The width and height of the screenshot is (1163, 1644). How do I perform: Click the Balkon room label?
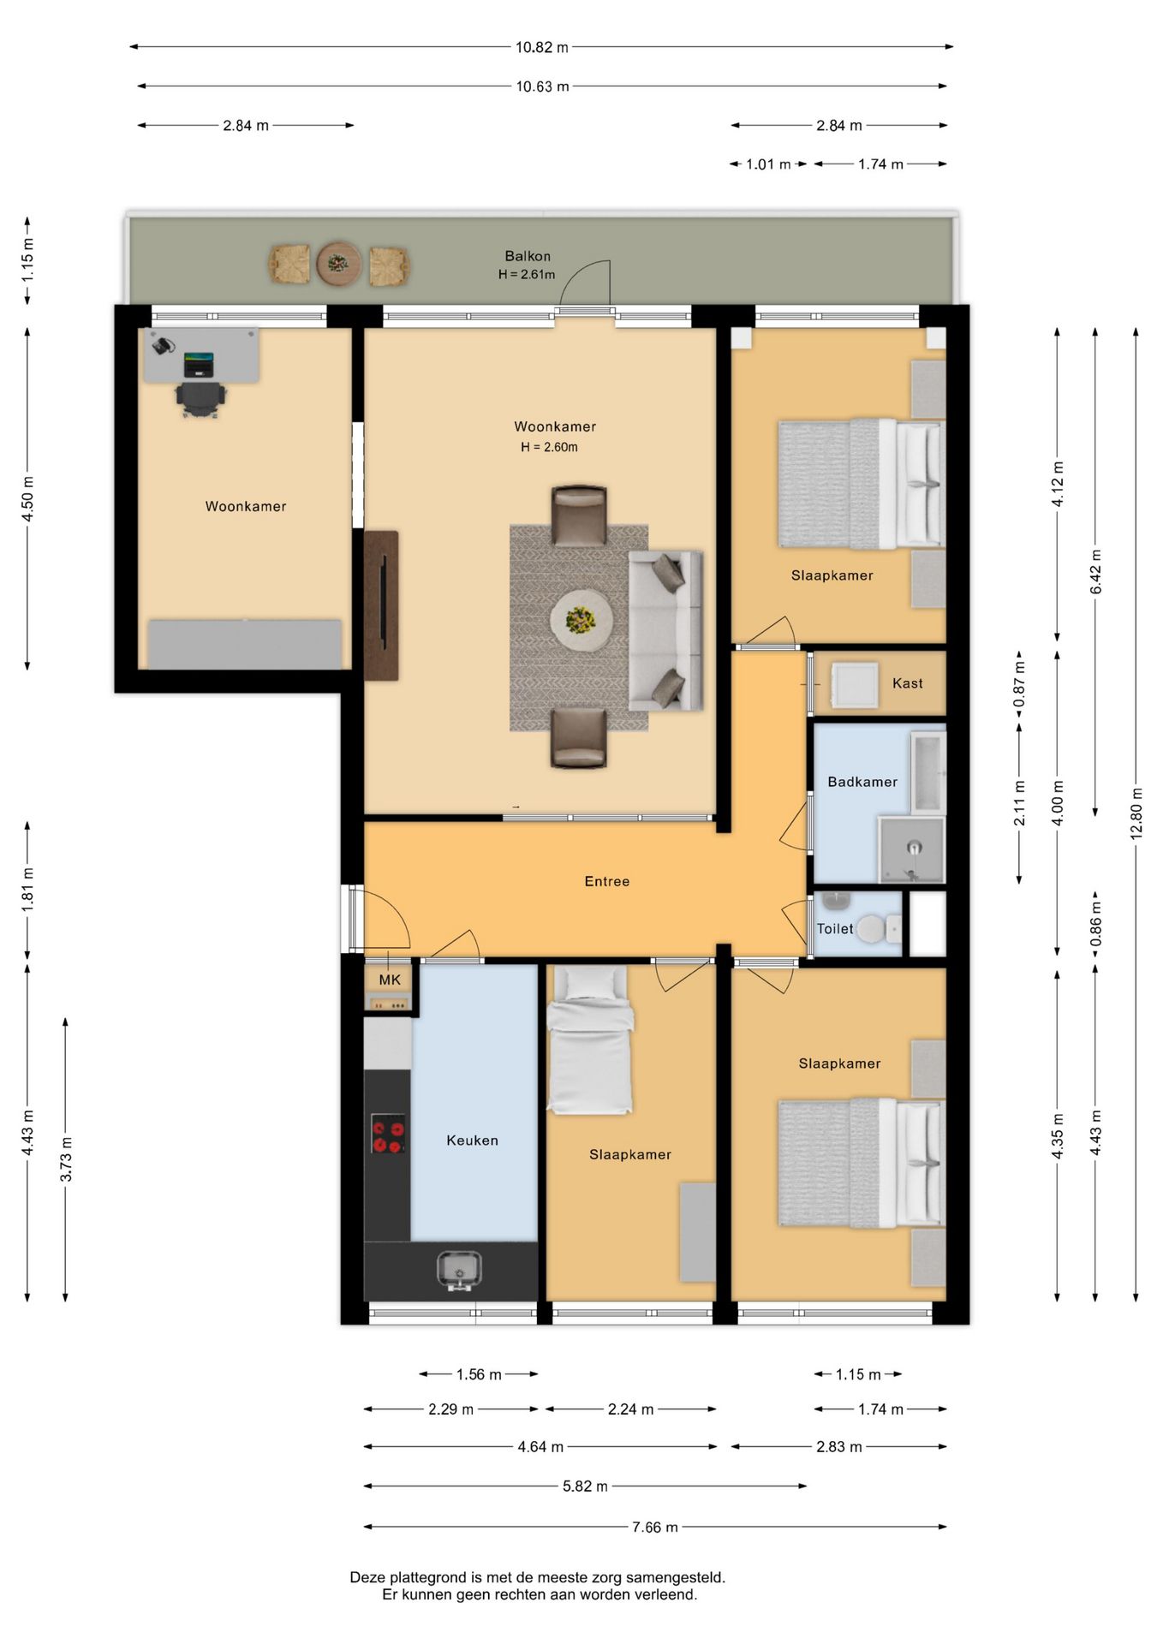528,256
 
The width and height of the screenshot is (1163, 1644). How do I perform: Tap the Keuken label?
472,1141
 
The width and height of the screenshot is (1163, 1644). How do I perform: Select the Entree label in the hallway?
607,881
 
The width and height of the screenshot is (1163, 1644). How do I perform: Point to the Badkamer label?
862,782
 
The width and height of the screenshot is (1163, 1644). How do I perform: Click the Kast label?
908,683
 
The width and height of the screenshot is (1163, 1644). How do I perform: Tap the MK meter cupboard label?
390,980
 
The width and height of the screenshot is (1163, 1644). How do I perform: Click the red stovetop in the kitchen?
388,1134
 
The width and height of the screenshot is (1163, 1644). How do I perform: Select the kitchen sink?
459,1271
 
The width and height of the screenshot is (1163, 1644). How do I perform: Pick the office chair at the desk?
200,398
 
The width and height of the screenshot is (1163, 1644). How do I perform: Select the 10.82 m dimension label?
541,47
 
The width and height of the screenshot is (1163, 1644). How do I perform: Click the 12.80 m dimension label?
1136,813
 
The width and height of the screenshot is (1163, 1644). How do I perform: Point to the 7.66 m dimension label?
655,1527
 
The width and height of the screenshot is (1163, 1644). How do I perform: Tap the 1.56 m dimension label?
479,1374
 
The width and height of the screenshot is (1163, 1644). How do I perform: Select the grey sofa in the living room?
665,631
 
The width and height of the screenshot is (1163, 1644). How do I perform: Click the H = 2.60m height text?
549,447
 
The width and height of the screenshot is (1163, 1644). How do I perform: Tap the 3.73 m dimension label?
66,1160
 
